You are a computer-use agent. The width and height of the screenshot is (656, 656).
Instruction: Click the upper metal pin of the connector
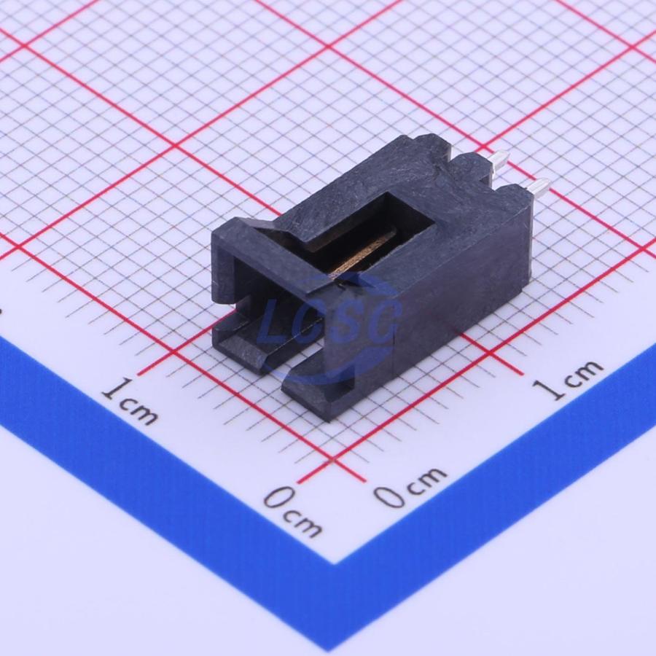pos(499,160)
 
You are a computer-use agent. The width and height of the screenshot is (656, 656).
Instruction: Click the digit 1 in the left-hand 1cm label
pos(115,389)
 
